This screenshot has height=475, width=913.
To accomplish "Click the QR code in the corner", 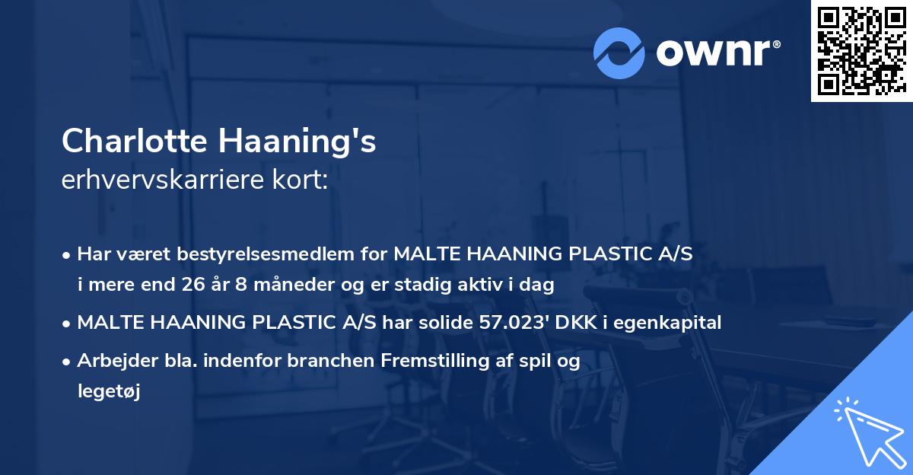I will (x=861, y=51).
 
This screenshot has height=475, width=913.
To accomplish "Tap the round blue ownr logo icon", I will (x=619, y=53).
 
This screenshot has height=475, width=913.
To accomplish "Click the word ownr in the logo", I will (x=717, y=53).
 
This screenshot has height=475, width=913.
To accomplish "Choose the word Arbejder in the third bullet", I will (x=110, y=361).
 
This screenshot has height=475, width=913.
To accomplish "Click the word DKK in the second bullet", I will (x=573, y=323).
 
